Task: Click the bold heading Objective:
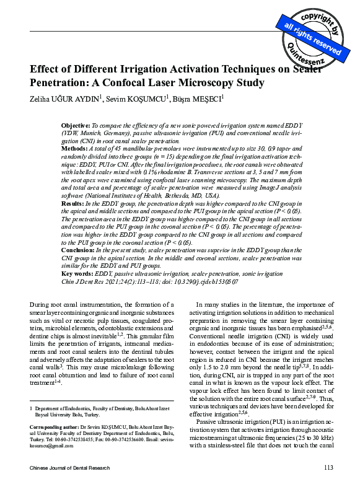pos(81,125)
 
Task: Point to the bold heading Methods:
pos(79,149)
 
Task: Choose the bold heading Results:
pos(77,203)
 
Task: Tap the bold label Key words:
pos(81,273)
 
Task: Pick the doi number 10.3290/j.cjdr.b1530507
pos(209,281)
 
